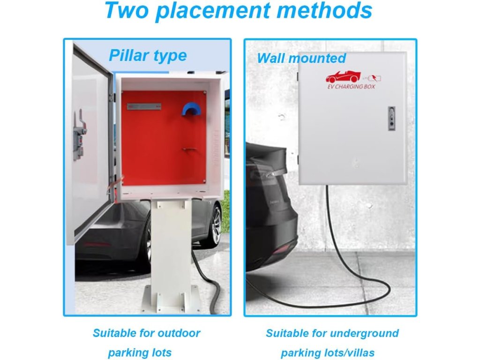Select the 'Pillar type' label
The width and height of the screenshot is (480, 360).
[x=148, y=56]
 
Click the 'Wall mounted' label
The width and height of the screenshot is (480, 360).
[x=301, y=59]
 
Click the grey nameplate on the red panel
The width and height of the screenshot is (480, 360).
[x=144, y=107]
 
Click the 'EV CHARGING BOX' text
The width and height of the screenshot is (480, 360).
[x=351, y=87]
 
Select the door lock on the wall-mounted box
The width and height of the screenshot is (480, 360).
[x=391, y=119]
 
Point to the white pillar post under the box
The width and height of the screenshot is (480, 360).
[x=171, y=244]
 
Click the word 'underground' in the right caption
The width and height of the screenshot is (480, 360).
[x=365, y=333]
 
